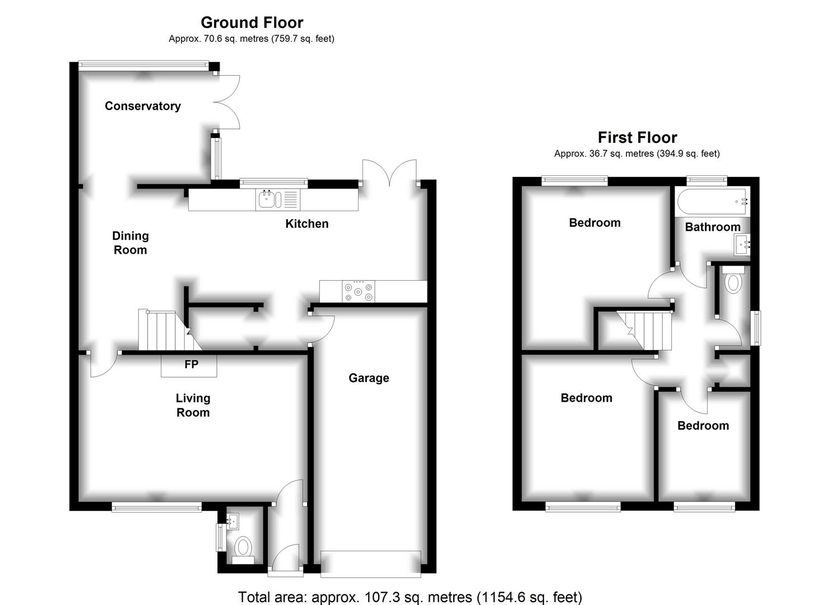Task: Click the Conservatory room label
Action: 143,106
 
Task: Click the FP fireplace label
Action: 191,365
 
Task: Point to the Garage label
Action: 369,378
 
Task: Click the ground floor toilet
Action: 243,547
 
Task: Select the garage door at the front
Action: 371,564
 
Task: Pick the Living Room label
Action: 193,405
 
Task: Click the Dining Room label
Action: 130,243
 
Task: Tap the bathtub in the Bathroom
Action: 712,202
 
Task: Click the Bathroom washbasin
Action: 742,245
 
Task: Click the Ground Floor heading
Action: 252,22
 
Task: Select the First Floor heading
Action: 637,137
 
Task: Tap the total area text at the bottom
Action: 410,597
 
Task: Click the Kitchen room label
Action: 307,224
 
